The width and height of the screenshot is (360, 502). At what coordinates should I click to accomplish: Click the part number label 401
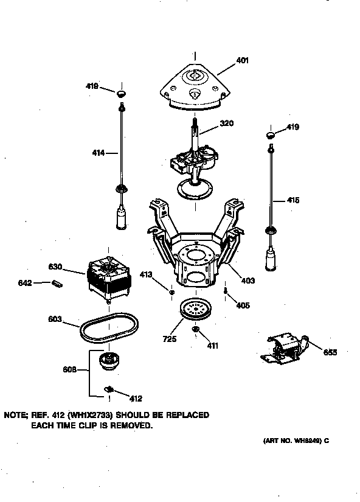point(242,61)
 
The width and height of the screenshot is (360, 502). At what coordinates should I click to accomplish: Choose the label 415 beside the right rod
point(292,200)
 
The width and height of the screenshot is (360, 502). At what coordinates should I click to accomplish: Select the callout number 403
point(247,281)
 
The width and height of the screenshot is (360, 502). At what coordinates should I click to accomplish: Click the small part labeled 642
point(57,282)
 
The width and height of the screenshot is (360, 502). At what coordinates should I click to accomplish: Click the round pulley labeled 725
point(195,310)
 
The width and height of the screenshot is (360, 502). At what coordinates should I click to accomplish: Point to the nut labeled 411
point(196,330)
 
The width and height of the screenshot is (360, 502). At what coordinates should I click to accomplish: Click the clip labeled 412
point(110,389)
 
